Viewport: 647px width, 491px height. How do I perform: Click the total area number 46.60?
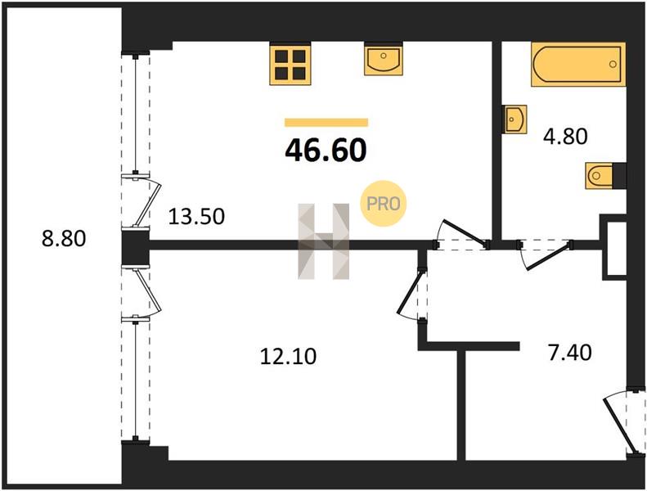pos(326,150)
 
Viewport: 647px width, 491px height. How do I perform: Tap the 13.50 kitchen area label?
pos(196,216)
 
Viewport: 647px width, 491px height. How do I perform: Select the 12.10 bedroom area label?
pos(289,356)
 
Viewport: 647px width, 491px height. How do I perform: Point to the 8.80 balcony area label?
pos(64,239)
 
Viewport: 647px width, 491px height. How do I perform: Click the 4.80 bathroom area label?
pos(565,137)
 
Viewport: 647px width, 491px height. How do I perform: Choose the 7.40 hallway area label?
pos(570,353)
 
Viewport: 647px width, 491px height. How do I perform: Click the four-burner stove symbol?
pos(290,65)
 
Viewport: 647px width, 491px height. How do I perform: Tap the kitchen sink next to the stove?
pos(384,60)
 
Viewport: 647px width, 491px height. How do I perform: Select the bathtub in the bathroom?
pos(578,65)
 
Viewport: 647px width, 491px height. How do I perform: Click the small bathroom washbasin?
pos(515,119)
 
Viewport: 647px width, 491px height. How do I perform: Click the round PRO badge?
pos(384,204)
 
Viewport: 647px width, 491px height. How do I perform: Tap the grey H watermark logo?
pos(324,241)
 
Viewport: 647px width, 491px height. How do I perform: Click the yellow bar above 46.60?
pos(326,122)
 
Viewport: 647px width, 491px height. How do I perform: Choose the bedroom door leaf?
pos(409,291)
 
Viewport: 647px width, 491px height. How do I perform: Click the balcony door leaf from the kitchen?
pos(149,202)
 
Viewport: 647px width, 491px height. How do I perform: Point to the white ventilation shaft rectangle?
pos(617,248)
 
